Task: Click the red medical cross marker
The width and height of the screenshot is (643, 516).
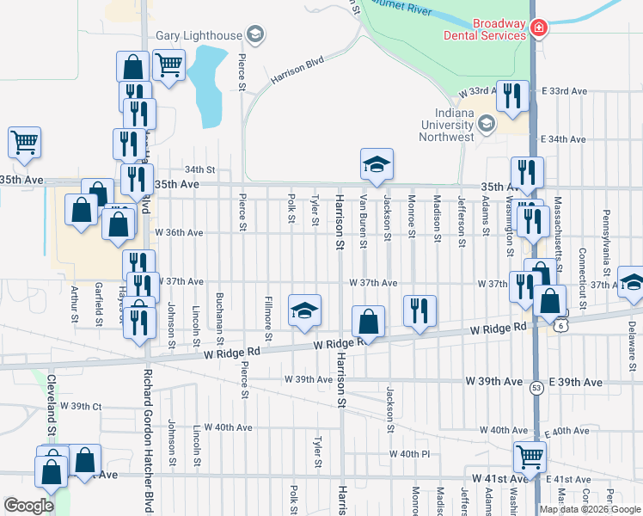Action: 539,28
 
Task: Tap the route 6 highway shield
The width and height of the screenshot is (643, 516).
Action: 560,326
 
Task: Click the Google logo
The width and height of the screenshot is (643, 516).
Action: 28,506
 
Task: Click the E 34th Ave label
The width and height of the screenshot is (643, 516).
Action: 563,139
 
